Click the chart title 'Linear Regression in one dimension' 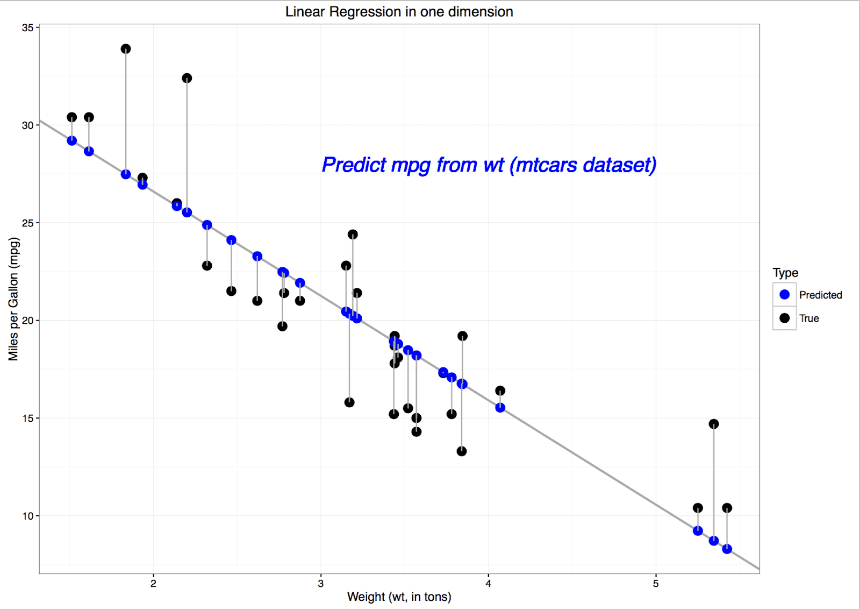(399, 12)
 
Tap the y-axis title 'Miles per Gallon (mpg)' (13, 299)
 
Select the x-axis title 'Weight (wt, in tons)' (399, 597)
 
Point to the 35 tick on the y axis (27, 27)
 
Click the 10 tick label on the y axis (27, 516)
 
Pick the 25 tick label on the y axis (27, 223)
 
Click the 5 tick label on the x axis (656, 584)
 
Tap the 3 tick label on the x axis (321, 584)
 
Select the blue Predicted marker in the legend (784, 295)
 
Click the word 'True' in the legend (809, 318)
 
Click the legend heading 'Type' (785, 273)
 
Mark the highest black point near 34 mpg (126, 49)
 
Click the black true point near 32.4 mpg (187, 79)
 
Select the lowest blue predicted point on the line (727, 549)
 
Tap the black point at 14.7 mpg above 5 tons (714, 424)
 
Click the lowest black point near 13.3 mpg (462, 451)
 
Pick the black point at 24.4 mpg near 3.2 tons (353, 235)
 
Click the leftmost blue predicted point (72, 141)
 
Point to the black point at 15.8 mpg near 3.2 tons (349, 402)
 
